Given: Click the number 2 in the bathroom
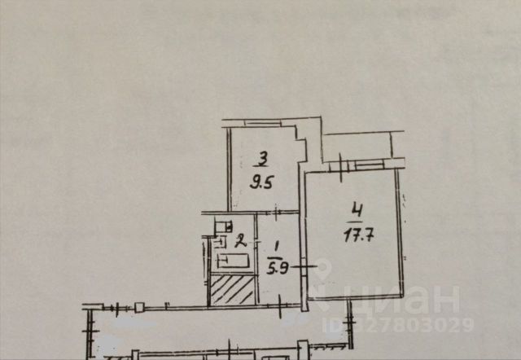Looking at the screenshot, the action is coord(240,239).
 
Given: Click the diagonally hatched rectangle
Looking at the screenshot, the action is coord(232,289).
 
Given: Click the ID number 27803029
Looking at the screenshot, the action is coord(424,326).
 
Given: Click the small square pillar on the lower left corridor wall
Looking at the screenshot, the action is coord(139,306).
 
